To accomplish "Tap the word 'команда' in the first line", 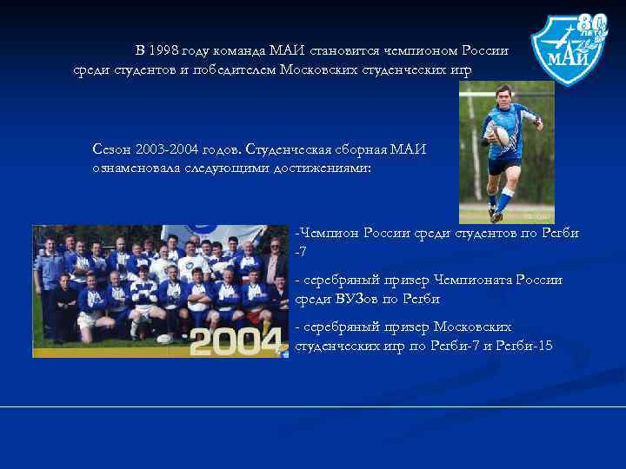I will pos(237,50).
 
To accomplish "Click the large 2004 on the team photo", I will pos(237,341).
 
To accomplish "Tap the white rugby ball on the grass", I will pos(163,339).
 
